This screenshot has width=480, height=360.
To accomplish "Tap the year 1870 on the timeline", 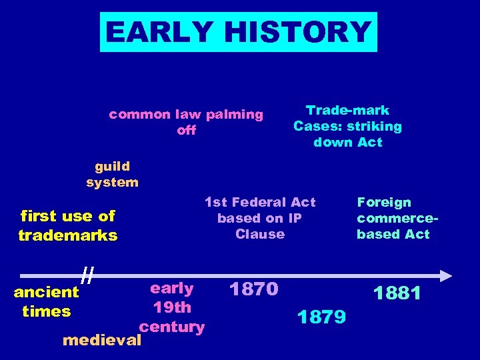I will click(x=253, y=289).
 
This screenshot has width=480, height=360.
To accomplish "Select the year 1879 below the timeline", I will click(x=321, y=317).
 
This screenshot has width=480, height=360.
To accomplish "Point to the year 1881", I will click(x=397, y=293).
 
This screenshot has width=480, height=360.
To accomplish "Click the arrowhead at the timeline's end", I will click(x=446, y=275).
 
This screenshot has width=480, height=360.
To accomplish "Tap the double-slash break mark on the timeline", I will click(x=86, y=273).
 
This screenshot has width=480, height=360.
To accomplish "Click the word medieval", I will click(x=101, y=341).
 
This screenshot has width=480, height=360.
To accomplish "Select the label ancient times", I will click(x=46, y=301).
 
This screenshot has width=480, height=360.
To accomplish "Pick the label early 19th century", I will click(x=172, y=307).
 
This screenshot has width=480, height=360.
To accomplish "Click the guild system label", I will click(x=112, y=174).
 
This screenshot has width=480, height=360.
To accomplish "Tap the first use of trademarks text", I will click(x=68, y=225).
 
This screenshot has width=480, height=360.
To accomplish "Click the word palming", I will click(x=234, y=115).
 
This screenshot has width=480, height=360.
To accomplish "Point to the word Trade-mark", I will click(x=347, y=111).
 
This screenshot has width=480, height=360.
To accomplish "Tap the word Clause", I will click(x=260, y=234).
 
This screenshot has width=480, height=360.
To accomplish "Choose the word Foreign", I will click(x=384, y=202).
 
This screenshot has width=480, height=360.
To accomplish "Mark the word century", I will click(x=172, y=327).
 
